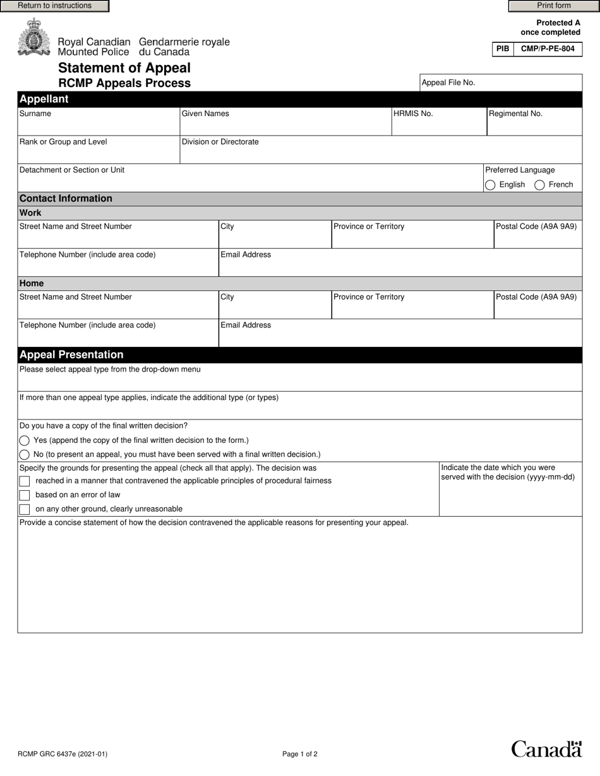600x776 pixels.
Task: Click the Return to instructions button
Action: pos(54,6)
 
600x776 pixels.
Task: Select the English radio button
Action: pos(490,185)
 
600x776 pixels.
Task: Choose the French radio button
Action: pos(539,185)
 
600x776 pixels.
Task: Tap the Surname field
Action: pos(99,126)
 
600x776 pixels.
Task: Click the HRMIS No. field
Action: pos(439,126)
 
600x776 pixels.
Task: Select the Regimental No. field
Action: pos(534,126)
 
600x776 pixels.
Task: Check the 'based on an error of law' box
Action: pos(25,495)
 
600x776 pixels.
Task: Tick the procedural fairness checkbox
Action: pos(25,481)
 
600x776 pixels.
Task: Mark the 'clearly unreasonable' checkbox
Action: pos(25,509)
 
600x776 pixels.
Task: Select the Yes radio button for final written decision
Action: pos(25,440)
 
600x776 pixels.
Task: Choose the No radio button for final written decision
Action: pos(25,454)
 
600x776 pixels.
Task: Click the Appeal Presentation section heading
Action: pos(71,355)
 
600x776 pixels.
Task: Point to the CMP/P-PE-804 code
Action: pos(548,49)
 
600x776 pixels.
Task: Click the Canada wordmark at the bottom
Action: pos(546,749)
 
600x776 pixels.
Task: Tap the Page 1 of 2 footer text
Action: pos(300,754)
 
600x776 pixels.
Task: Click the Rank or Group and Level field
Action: pos(99,154)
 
